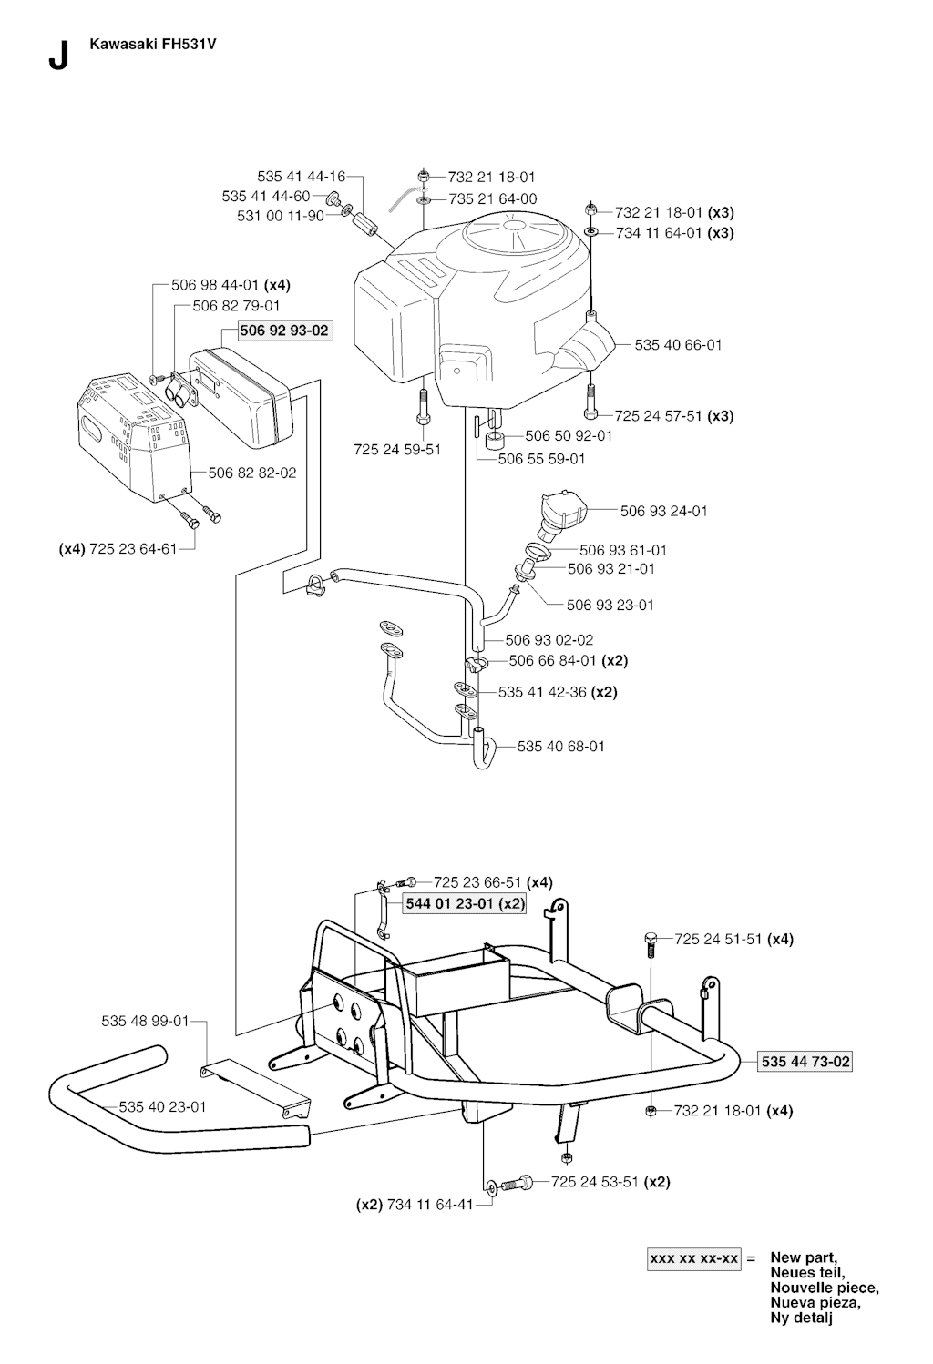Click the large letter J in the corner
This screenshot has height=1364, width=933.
[x=56, y=56]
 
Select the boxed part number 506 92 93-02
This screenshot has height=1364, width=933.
[x=284, y=331]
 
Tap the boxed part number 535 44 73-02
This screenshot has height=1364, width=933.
[x=806, y=1062]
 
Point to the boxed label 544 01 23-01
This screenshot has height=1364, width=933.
[x=465, y=903]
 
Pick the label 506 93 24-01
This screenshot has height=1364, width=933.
[x=663, y=511]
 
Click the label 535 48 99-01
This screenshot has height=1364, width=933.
[x=145, y=1021]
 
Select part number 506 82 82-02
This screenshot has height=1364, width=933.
[x=252, y=473]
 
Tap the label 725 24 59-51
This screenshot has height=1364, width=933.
[x=397, y=449]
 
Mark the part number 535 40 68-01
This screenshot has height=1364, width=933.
[x=560, y=746]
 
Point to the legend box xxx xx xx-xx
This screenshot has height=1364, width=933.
[x=694, y=1258]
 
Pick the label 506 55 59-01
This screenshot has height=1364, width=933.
[x=541, y=459]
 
